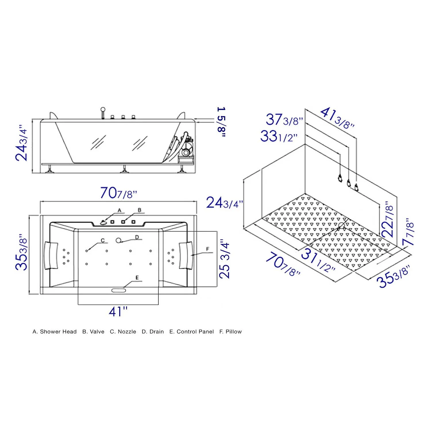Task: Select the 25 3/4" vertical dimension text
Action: (224, 260)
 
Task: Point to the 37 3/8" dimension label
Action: (284, 120)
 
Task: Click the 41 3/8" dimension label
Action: (337, 118)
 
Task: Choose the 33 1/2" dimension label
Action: (278, 136)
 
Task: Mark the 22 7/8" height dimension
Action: (388, 219)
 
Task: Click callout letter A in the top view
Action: (120, 210)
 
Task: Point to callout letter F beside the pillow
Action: (207, 249)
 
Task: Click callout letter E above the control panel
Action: (137, 278)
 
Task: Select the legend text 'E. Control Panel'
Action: (191, 332)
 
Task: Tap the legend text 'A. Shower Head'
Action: (55, 332)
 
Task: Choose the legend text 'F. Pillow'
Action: (230, 332)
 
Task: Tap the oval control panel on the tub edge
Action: (119, 290)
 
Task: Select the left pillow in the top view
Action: (51, 255)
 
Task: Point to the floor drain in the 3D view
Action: (342, 225)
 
